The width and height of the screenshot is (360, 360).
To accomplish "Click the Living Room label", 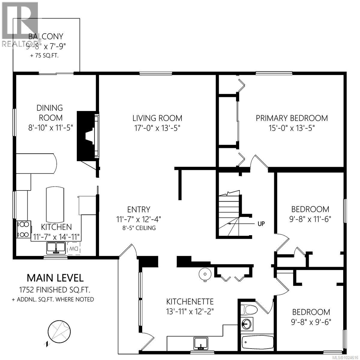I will pyautogui.click(x=158, y=118).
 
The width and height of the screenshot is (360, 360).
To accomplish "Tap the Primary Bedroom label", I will pyautogui.click(x=292, y=118).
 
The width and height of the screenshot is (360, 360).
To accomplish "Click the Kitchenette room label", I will pyautogui.click(x=190, y=301).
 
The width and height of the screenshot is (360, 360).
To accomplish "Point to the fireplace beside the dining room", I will pyautogui.click(x=88, y=136).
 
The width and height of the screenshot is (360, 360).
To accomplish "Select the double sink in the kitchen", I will pyautogui.click(x=56, y=248).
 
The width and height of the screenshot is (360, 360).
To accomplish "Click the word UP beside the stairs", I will pyautogui.click(x=261, y=223).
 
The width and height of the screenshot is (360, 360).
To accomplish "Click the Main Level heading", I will pyautogui.click(x=55, y=278).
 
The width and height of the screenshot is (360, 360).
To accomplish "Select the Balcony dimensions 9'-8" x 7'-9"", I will pyautogui.click(x=46, y=46).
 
